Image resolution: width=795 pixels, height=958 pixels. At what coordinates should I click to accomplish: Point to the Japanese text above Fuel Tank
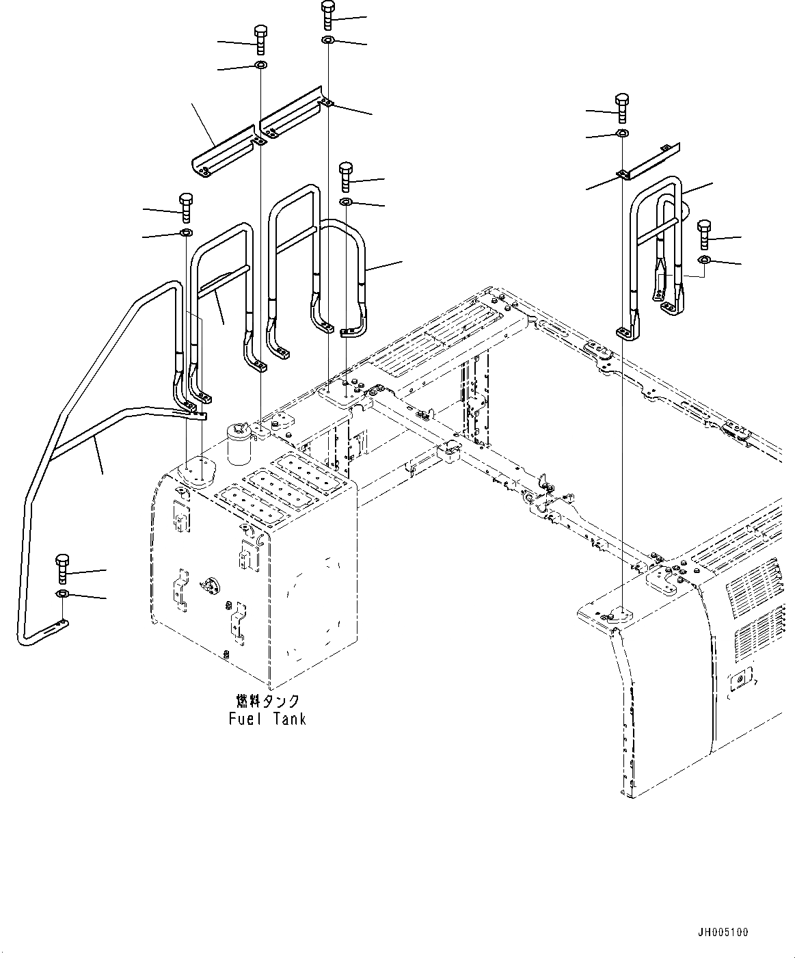coord(267,701)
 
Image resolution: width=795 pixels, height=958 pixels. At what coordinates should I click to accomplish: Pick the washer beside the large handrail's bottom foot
coord(62,593)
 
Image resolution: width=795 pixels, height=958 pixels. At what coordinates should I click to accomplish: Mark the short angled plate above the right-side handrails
coord(649,161)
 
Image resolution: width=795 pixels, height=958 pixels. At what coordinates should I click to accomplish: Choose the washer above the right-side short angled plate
coord(622,133)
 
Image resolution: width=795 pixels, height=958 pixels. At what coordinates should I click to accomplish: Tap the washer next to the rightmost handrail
coord(704,259)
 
